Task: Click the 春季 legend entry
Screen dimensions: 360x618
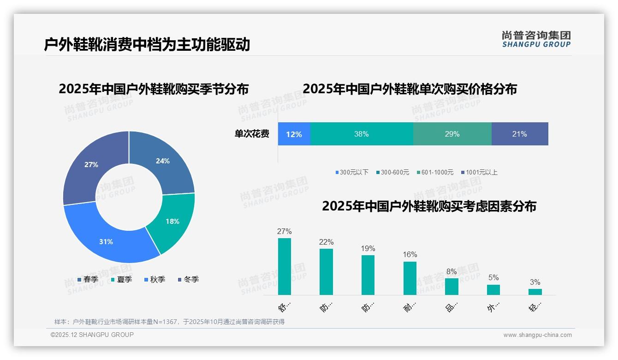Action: [x=88, y=279]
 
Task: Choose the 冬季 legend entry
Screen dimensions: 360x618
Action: [x=188, y=279]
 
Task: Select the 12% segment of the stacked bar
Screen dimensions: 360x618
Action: [x=294, y=134]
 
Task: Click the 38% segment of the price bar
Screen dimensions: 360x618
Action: [x=362, y=134]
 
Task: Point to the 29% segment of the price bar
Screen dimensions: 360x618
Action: [x=452, y=134]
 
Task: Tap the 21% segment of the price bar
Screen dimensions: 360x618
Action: [x=519, y=134]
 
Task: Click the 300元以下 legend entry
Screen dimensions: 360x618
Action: [x=352, y=172]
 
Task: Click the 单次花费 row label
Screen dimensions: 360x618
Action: [x=252, y=134]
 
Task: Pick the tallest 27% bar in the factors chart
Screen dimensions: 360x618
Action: [x=285, y=266]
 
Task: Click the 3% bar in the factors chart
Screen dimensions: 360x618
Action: [x=535, y=292]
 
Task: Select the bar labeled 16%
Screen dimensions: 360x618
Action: [x=410, y=278]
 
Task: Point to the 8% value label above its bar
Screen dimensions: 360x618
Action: [x=452, y=271]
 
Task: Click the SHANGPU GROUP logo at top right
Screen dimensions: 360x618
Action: [x=536, y=39]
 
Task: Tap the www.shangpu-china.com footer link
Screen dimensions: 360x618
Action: [x=537, y=335]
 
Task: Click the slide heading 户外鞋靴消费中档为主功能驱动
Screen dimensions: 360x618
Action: [x=147, y=45]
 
